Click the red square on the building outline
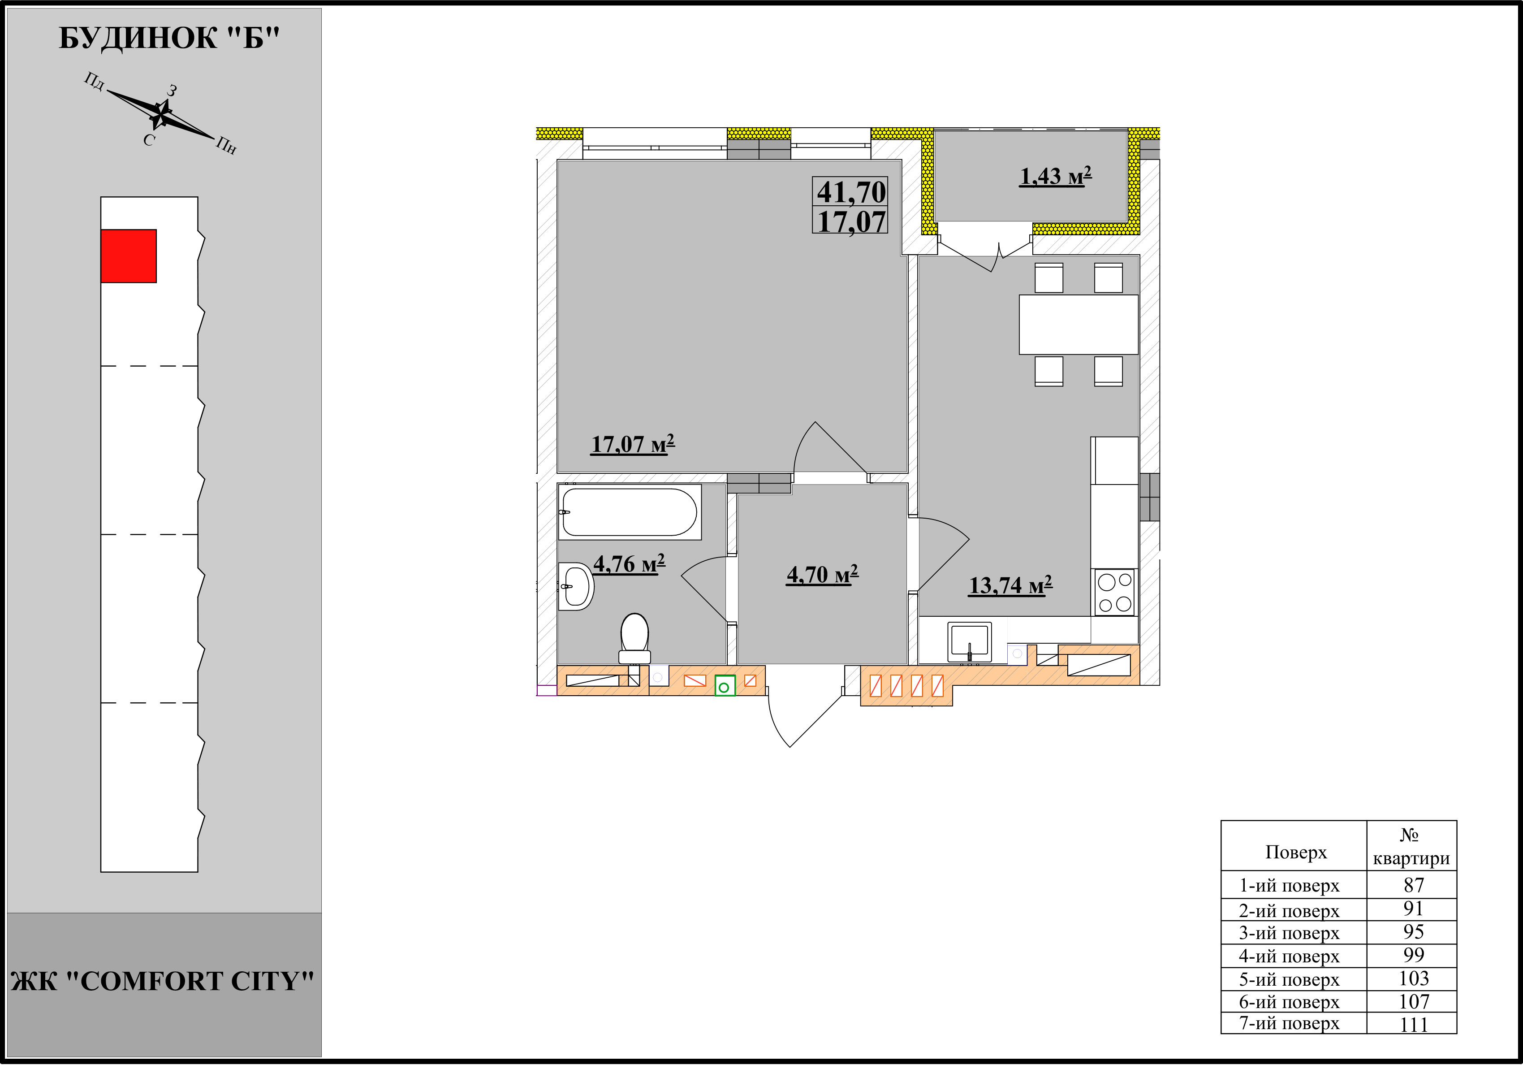point(129,256)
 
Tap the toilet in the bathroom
point(634,638)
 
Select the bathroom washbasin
point(576,587)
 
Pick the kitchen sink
point(970,642)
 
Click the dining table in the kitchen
point(1079,325)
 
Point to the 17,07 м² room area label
point(633,444)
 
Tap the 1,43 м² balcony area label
point(1055,176)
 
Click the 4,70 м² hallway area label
point(823,574)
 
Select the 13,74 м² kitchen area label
point(1010,585)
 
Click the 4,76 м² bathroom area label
point(629,564)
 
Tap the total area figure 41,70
point(851,192)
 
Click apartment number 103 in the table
point(1414,979)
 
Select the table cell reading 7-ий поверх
point(1290,1023)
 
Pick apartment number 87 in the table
point(1414,885)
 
